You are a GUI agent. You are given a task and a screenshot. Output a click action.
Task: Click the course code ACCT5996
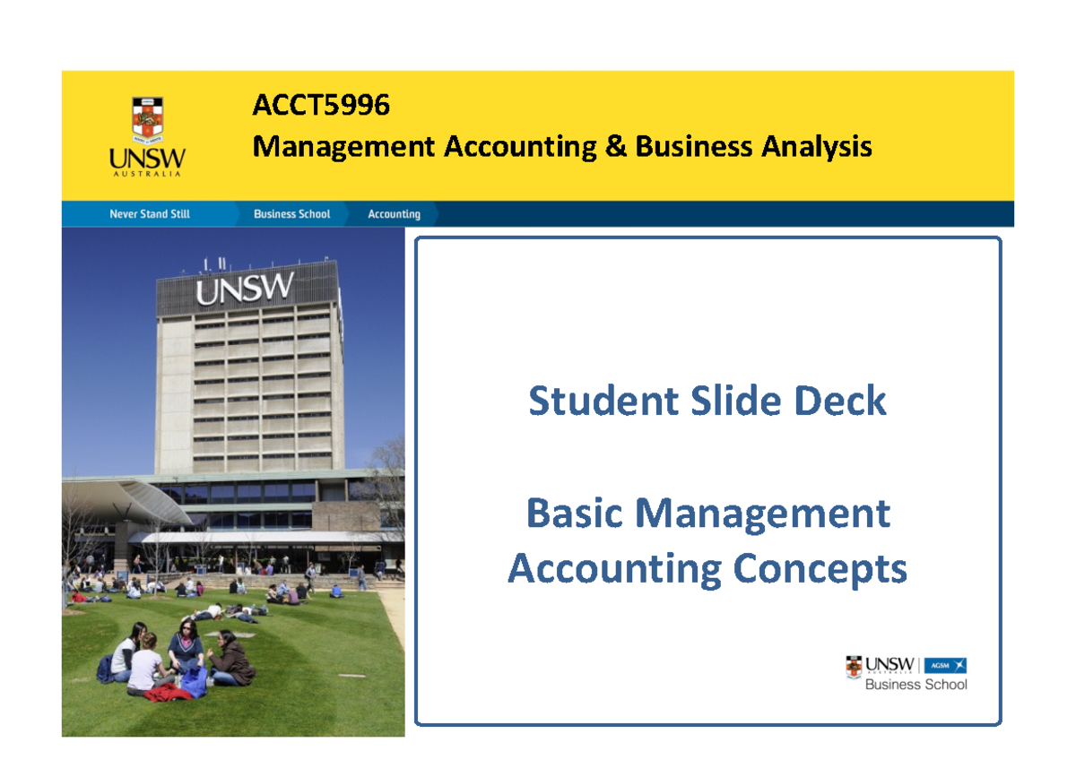[x=321, y=106]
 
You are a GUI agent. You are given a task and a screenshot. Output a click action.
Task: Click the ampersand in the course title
[x=615, y=146]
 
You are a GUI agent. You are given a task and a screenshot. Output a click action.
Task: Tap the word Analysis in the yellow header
[x=816, y=146]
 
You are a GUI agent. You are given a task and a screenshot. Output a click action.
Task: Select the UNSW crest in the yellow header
[x=148, y=120]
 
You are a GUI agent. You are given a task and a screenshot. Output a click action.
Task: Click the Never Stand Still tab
[x=149, y=214]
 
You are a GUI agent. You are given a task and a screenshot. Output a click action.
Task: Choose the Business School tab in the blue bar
[x=291, y=214]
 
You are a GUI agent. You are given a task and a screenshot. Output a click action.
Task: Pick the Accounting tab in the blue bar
[x=394, y=214]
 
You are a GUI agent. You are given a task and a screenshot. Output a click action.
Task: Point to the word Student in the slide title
[x=603, y=401]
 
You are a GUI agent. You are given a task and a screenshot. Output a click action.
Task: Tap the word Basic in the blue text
[x=575, y=514]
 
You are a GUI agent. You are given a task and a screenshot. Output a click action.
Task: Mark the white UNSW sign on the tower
[x=244, y=289]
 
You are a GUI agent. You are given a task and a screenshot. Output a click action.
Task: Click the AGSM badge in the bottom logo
[x=945, y=665]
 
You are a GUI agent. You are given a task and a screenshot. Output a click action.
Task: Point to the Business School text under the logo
[x=915, y=685]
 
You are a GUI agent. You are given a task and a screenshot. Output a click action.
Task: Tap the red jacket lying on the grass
[x=168, y=692]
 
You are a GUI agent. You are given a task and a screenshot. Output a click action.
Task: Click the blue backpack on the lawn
[x=194, y=681]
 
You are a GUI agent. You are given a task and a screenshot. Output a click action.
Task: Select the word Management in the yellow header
[x=343, y=146]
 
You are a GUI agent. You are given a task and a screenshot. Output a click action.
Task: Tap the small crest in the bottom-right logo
[x=855, y=666]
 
